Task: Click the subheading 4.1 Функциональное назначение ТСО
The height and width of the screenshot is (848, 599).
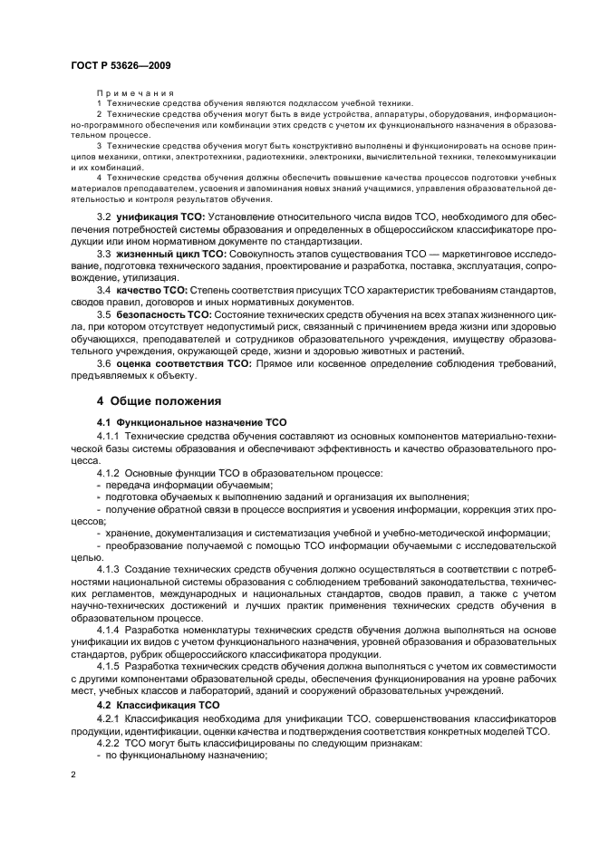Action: tap(178, 422)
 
